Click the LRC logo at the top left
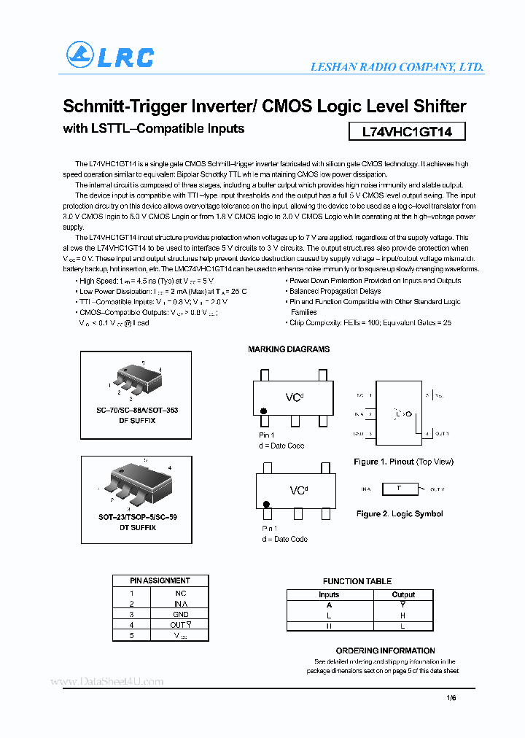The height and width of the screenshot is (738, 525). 110,56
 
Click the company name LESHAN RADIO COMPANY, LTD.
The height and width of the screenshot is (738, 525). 397,66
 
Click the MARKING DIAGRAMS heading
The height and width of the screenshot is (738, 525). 289,349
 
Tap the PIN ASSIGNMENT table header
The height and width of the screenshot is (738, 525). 160,580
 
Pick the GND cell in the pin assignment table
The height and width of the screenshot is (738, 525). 180,614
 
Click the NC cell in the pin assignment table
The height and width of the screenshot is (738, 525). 180,593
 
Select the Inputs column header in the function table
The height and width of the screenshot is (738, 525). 329,594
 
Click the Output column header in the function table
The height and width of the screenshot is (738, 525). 403,594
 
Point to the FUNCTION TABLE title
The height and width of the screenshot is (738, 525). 357,581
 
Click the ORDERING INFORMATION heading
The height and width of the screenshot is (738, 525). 385,650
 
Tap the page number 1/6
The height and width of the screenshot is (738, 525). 451,698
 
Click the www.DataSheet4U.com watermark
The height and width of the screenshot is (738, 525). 107,682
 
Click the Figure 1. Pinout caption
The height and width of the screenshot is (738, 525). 403,462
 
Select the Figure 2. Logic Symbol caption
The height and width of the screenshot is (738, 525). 400,513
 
